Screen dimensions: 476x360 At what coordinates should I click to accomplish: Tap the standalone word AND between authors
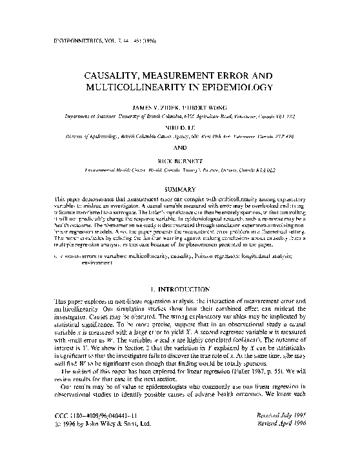point(180,146)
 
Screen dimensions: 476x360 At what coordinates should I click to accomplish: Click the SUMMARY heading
point(180,189)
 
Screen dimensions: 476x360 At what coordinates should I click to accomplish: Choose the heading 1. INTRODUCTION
point(179,283)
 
